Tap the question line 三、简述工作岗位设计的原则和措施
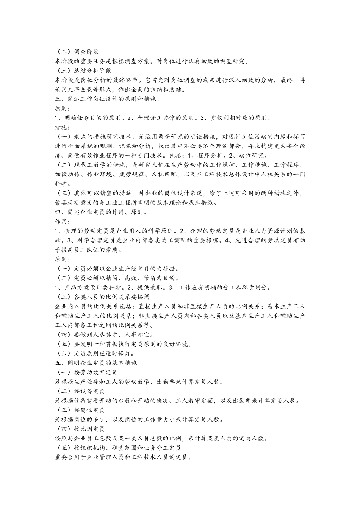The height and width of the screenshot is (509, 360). pos(107,99)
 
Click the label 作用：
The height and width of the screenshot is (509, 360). pos(63,222)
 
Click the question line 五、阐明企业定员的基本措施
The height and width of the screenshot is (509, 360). pos(99,363)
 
